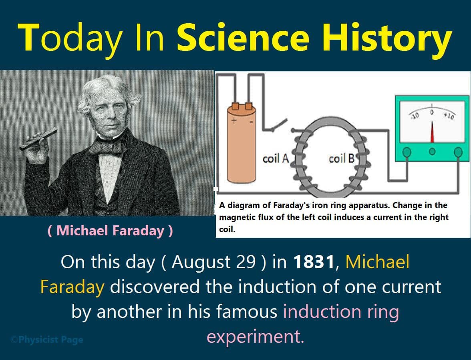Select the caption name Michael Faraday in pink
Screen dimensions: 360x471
click(110, 231)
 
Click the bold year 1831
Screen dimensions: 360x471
click(314, 263)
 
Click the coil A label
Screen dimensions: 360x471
click(276, 159)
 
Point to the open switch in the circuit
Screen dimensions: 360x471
click(279, 125)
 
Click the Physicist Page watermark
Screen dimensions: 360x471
click(46, 340)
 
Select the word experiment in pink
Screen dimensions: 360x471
click(255, 337)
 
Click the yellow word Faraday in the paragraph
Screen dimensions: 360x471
click(72, 287)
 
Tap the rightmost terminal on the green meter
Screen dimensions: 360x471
click(458, 152)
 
